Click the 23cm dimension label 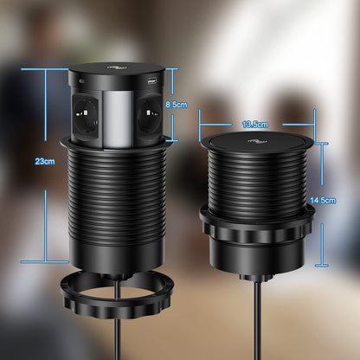(x=45, y=161)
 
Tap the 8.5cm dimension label (x=177, y=105)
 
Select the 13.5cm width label (x=255, y=125)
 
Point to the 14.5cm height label (x=323, y=200)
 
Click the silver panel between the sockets (x=118, y=119)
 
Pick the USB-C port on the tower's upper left (x=81, y=81)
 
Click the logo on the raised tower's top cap (x=117, y=68)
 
